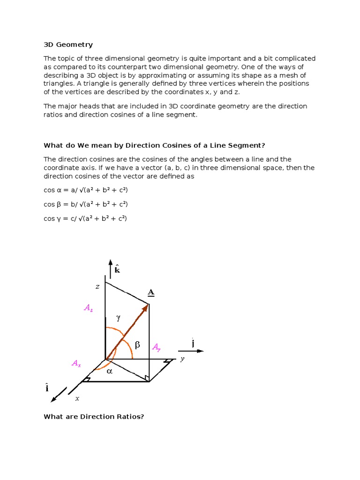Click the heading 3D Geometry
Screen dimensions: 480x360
point(68,45)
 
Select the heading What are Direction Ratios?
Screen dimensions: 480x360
point(93,416)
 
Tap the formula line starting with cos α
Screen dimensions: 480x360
point(86,190)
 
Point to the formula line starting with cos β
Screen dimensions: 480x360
point(86,204)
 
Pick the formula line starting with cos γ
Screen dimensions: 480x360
point(85,218)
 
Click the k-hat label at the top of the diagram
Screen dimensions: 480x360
point(117,270)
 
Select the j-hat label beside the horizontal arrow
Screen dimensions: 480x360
point(193,343)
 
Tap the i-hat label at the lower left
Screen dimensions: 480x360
point(47,388)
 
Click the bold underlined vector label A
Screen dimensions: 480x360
point(151,292)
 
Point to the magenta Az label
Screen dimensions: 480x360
point(89,308)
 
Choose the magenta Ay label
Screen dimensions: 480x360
point(157,347)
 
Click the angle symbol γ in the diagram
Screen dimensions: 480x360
point(119,317)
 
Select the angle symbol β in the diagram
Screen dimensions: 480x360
point(137,345)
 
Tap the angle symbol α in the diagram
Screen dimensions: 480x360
point(110,371)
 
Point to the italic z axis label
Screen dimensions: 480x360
point(97,286)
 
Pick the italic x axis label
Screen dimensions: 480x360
point(77,398)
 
